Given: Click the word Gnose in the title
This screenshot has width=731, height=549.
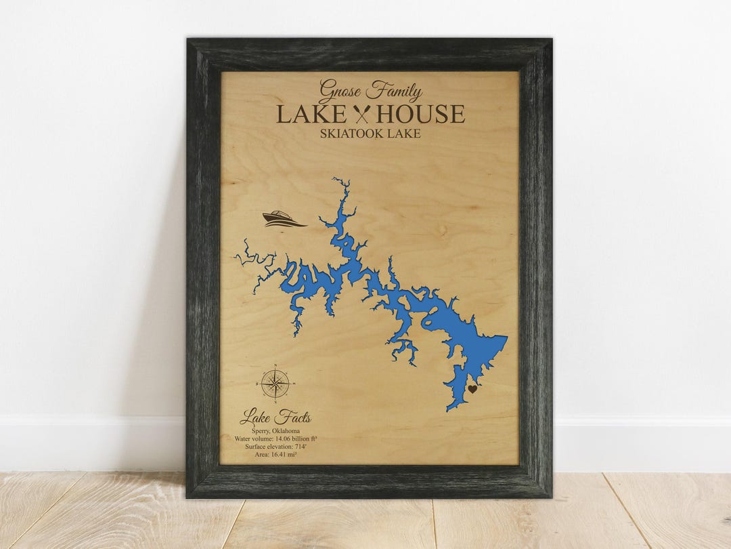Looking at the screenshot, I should [340, 91].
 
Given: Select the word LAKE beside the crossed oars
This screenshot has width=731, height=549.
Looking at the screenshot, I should [311, 114].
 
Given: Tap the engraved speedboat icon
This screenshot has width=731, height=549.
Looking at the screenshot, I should [283, 219].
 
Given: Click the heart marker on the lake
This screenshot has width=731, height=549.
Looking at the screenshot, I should [472, 389].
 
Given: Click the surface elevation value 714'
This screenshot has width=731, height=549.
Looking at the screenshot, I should [297, 447].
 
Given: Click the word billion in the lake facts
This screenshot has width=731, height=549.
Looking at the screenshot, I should [303, 439].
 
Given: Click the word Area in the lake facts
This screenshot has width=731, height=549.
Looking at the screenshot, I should [261, 455].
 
